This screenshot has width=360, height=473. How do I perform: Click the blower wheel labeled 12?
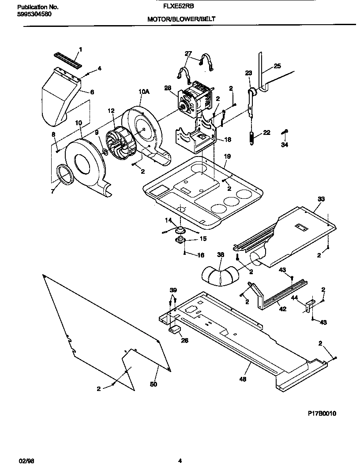pos(118,142)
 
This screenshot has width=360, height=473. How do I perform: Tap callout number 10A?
pos(144,92)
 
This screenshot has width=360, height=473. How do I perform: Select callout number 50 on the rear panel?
pos(154,384)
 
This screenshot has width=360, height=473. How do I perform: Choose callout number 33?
pos(320,199)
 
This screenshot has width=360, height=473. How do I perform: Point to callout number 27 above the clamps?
pos(188,53)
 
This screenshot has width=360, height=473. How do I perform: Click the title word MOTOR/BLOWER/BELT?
pos(181,19)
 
